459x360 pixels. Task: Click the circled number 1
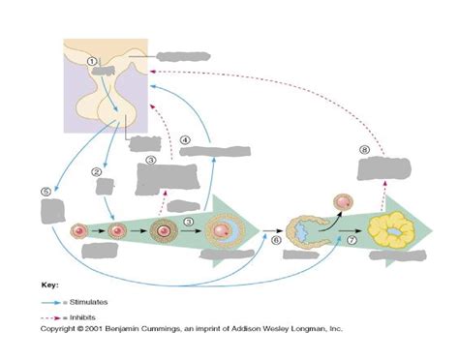93,61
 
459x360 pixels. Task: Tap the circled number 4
185,139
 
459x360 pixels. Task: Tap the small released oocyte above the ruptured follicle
341,202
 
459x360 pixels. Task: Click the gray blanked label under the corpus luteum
399,256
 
